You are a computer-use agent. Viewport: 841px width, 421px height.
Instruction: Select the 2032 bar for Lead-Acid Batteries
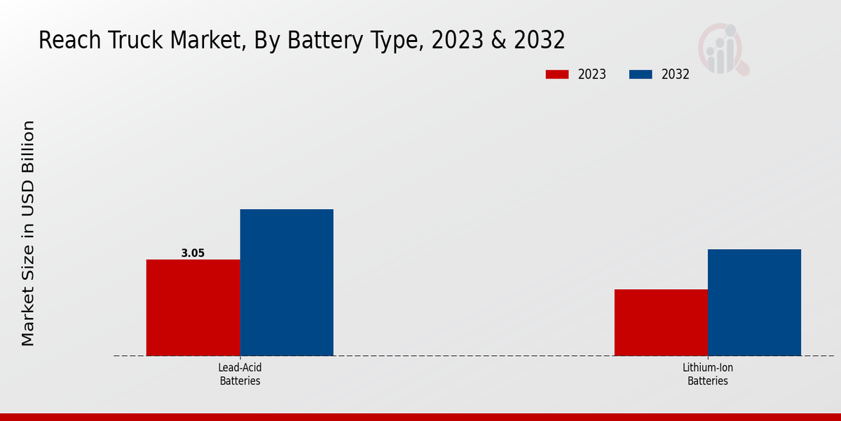click(287, 282)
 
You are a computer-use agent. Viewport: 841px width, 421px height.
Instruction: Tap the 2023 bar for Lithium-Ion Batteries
click(661, 322)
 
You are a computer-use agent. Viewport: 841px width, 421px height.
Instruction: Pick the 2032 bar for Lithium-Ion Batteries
click(754, 302)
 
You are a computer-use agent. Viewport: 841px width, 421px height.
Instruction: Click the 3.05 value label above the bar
click(193, 253)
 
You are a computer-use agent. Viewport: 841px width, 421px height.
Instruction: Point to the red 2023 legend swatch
click(557, 74)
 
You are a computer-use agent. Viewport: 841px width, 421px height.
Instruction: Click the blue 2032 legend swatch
click(641, 74)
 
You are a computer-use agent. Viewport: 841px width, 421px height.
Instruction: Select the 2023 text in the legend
click(592, 74)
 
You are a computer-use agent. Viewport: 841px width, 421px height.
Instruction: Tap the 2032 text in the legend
click(676, 74)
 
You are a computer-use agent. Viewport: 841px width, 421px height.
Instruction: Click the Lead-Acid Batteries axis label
click(240, 374)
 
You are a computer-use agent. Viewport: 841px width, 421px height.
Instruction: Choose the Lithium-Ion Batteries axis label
click(708, 374)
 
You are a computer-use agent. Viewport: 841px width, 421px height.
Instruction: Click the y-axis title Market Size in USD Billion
click(28, 233)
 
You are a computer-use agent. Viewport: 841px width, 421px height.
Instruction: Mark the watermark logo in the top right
click(723, 49)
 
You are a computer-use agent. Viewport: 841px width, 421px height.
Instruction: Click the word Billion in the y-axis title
click(28, 150)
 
